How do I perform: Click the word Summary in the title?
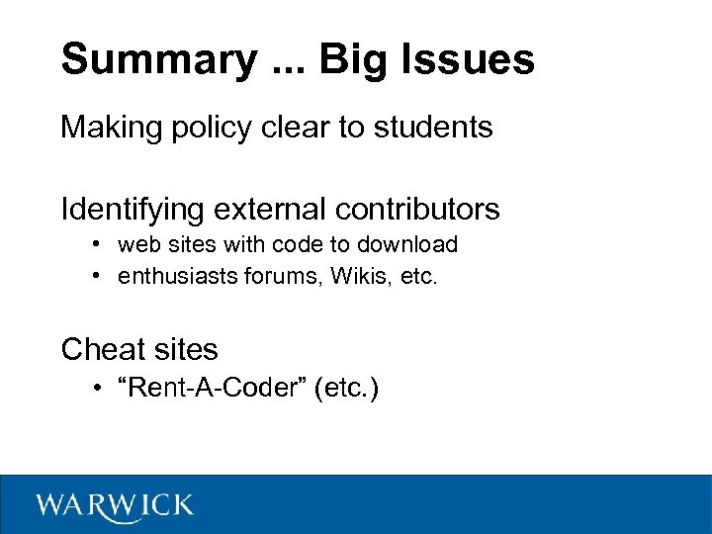tap(157, 59)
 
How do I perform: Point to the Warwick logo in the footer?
tap(115, 505)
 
